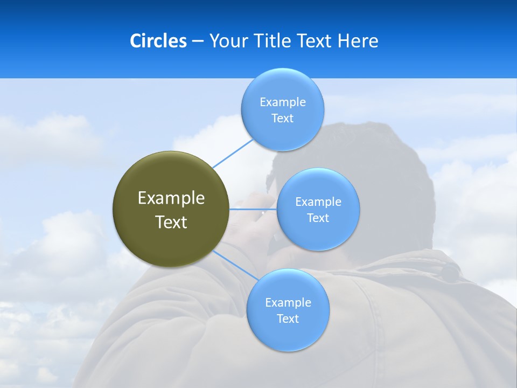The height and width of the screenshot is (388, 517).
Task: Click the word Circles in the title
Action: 158,41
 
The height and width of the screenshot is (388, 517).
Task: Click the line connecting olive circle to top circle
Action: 233,153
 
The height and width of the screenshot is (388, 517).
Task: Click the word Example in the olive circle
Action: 171,198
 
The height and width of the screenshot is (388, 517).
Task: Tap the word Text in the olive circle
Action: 171,222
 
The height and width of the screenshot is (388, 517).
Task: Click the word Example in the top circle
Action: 283,102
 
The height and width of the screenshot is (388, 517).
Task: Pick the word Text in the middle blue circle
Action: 318,218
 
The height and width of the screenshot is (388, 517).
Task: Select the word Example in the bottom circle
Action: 288,302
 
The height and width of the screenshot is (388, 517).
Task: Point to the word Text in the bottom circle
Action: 288,318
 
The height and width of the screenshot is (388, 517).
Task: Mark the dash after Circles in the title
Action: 198,41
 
